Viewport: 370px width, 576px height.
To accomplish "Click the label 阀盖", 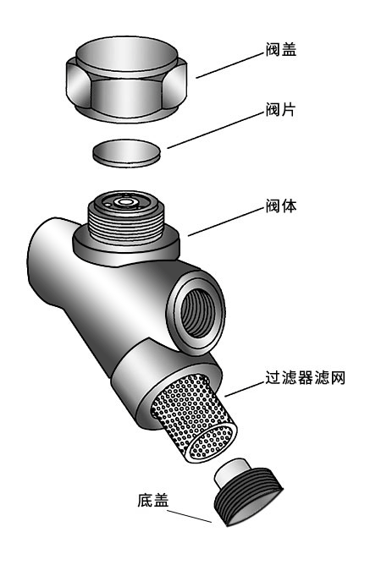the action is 281,50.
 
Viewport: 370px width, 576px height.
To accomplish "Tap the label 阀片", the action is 280,109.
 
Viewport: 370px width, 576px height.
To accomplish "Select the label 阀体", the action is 281,206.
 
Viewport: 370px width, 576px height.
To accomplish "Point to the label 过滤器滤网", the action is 306,377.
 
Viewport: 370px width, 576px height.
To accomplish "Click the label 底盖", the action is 153,501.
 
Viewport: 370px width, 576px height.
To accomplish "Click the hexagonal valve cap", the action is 126,79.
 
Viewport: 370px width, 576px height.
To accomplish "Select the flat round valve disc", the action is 126,153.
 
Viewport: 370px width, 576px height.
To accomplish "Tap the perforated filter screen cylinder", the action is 194,418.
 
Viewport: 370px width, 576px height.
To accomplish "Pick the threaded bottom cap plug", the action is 248,491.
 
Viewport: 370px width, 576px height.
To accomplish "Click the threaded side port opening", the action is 196,312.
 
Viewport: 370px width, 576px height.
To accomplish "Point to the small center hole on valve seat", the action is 126,201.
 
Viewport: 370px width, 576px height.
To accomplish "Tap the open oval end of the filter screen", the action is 210,442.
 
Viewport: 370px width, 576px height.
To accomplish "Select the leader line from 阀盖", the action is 230,66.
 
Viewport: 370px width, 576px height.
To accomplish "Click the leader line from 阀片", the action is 216,130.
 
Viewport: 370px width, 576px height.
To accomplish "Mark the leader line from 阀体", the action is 226,222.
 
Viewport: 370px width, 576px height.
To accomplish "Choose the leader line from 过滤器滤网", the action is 245,389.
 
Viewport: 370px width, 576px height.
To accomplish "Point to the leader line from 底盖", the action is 190,516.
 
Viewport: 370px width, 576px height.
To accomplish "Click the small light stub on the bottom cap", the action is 233,471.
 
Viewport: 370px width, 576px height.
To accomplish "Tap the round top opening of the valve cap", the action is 126,54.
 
